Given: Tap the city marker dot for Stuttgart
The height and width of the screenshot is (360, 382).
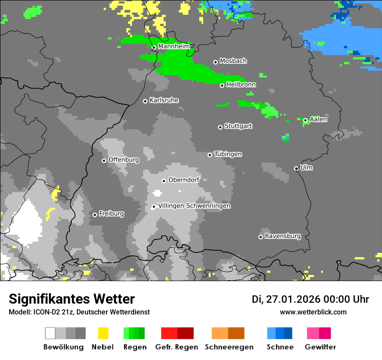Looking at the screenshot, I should (220, 127).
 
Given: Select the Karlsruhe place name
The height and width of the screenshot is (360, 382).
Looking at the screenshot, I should (164, 100).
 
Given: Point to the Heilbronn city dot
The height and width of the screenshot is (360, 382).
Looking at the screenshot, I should (222, 85).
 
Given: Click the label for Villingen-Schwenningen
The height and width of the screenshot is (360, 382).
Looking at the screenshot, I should (194, 206).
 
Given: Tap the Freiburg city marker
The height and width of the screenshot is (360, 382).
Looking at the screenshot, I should (95, 215).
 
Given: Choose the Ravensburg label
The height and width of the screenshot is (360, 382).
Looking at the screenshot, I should (283, 236).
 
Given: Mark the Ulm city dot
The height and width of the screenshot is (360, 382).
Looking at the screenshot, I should (296, 168).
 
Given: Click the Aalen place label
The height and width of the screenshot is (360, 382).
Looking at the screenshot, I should (318, 119).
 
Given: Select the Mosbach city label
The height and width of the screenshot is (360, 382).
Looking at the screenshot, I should (233, 61).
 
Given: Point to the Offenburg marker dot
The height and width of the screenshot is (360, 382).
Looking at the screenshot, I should (104, 160).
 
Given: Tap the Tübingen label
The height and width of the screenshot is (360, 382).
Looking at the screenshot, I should (228, 154).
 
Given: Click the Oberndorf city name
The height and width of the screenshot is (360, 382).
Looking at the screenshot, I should (184, 180).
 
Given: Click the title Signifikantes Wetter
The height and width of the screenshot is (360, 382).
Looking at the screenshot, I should (72, 299).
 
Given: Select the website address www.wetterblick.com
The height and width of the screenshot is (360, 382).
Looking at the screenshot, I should (313, 312).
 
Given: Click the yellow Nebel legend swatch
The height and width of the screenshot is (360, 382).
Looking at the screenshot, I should (103, 333).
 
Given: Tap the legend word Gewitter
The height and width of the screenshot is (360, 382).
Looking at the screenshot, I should (320, 347).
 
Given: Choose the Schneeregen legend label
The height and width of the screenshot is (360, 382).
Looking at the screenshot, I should (229, 347).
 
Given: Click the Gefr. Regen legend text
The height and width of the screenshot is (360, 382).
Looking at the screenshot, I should (177, 347).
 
